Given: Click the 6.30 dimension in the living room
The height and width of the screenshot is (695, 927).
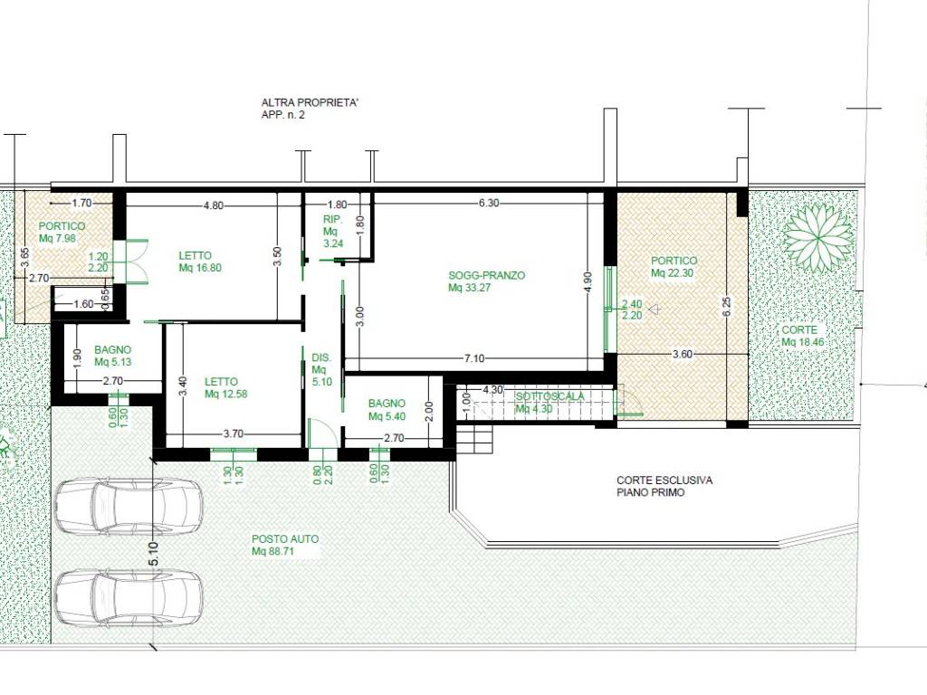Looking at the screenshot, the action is (489, 203).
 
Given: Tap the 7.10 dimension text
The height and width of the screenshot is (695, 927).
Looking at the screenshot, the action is (474, 358).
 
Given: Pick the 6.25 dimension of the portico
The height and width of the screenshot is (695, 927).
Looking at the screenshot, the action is (727, 306).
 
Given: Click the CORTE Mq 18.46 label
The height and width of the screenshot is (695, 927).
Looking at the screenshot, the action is (802, 336).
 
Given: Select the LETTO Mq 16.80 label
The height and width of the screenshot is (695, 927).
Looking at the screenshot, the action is (200, 262).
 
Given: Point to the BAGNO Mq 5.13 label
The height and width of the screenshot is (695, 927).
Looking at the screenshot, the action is (112, 356).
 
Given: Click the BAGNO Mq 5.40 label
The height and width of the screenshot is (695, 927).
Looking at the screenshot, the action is (387, 410).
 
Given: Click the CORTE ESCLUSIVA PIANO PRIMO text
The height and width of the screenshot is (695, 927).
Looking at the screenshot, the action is (664, 486).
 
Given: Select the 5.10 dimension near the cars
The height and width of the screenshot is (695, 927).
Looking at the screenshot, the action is (154, 553).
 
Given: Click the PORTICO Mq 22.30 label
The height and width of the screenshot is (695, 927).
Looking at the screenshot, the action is (674, 267).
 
